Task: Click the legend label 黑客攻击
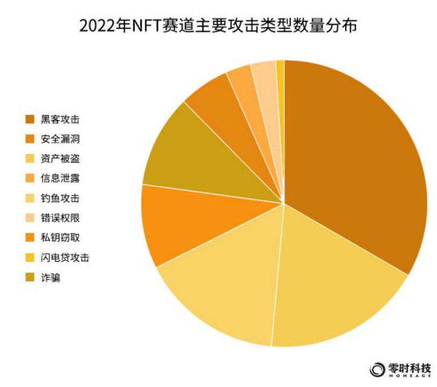click(60, 119)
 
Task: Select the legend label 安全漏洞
click(60, 139)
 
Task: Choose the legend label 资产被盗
click(60, 159)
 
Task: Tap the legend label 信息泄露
click(60, 178)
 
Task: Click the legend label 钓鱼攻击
click(60, 198)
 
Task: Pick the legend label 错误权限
click(60, 218)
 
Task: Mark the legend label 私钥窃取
click(60, 238)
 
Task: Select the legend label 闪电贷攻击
click(65, 257)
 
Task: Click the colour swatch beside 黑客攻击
click(30, 119)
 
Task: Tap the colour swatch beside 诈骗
click(30, 277)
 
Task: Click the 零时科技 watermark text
click(410, 368)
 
